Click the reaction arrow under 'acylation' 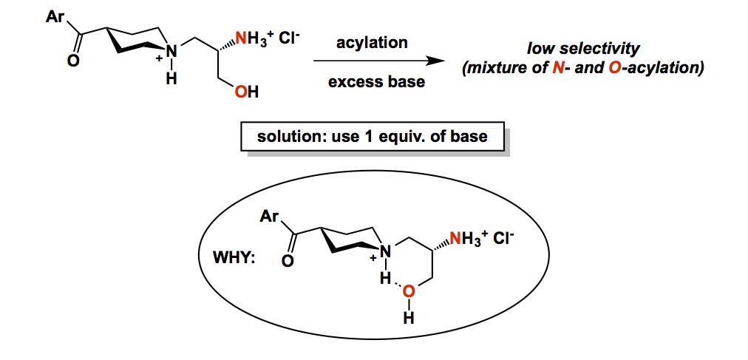point(377,62)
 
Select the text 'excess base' point(376,81)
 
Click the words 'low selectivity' point(583,50)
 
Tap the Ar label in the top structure point(55,16)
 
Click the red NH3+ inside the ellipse point(470,238)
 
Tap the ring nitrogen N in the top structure point(171,52)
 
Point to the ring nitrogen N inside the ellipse point(384,253)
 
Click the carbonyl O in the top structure point(72,62)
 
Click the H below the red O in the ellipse point(407,319)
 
